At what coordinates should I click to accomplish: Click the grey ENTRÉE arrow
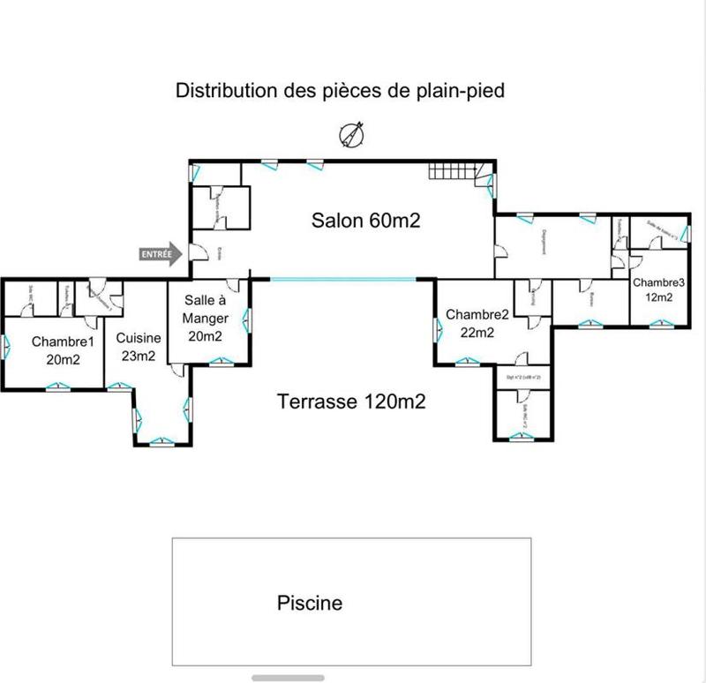tap(160, 254)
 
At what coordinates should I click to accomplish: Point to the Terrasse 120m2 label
tap(351, 402)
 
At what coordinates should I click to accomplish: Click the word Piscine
tap(310, 604)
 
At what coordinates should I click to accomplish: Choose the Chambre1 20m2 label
tap(63, 349)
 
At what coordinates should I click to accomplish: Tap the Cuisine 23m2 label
tap(139, 347)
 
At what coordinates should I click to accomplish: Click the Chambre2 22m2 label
tap(477, 323)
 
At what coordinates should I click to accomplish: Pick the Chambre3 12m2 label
tap(657, 289)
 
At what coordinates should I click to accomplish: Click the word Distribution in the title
tap(223, 90)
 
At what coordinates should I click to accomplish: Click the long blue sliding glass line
tap(342, 280)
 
